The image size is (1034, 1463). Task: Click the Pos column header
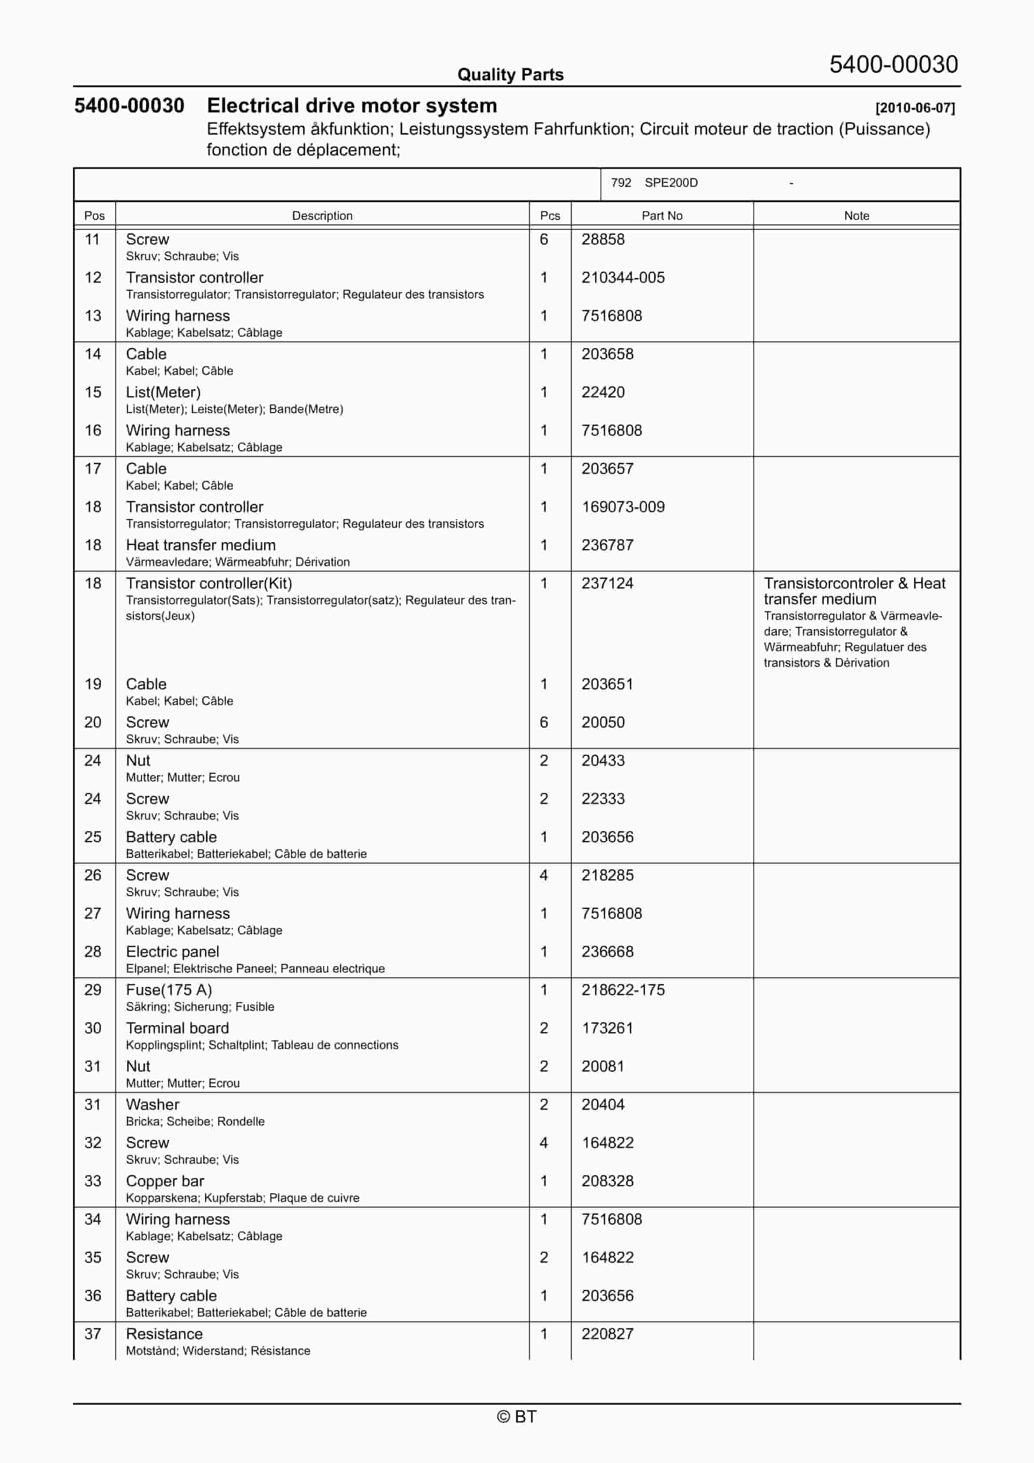[x=94, y=215]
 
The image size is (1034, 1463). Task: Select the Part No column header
[x=662, y=215]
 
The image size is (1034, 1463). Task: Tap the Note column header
[x=856, y=215]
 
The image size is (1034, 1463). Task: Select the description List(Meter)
[x=163, y=393]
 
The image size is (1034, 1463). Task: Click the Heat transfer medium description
[x=201, y=546]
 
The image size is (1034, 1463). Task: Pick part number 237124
[x=607, y=584]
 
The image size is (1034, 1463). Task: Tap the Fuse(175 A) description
[x=169, y=990]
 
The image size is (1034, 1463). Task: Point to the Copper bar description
[x=165, y=1182]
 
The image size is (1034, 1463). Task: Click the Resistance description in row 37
[x=165, y=1334]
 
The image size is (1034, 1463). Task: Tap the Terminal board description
[x=177, y=1029]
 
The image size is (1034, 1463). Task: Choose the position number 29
[x=93, y=990]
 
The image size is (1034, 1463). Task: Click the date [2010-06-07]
[x=915, y=108]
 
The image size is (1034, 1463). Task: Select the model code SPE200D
[x=671, y=183]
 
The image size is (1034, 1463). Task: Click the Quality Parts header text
[x=510, y=75]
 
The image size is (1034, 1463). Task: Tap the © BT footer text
[x=517, y=1417]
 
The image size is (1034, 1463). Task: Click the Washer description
[x=152, y=1105]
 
